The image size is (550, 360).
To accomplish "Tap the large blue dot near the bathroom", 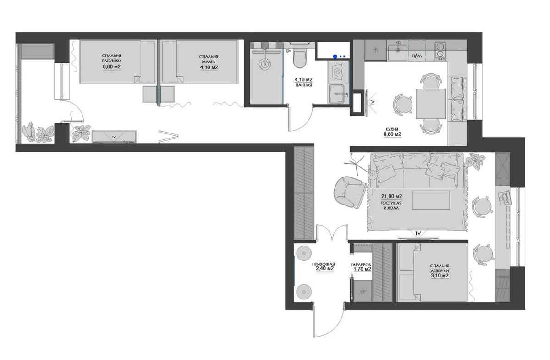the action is point(335,56).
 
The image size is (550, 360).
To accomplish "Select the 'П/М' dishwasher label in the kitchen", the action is point(417,56).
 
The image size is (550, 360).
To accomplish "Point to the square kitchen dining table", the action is point(431,104).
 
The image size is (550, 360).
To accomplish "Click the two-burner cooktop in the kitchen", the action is point(440,51).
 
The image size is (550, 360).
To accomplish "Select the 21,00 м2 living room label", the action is point(391,196).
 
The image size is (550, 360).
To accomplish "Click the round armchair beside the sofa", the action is point(350,192).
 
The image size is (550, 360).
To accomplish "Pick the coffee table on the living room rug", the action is point(431,200).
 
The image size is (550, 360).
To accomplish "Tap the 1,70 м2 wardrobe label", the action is point(362,269).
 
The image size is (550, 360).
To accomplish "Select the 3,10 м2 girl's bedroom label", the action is point(440,276).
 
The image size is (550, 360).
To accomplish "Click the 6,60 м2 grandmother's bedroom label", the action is point(112,66).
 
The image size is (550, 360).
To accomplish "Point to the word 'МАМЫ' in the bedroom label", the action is point(209,61).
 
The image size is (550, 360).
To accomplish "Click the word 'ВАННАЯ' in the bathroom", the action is point(304,85).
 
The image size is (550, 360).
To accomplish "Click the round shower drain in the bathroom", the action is point(265,64).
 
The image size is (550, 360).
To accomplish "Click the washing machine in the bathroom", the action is point(338,71).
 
